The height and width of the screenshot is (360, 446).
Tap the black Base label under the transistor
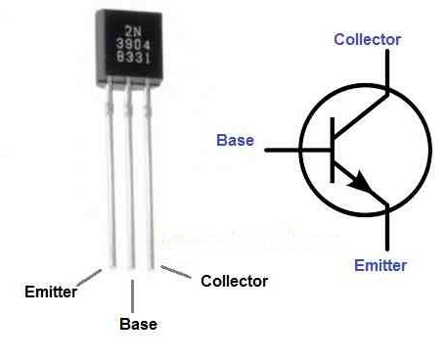(137, 324)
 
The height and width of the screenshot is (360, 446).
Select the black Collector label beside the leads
(234, 282)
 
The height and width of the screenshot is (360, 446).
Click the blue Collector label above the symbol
(367, 39)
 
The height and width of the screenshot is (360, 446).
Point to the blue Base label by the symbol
(235, 141)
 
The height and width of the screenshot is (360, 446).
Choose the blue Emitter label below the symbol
(380, 265)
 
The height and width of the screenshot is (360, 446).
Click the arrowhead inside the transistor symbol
(364, 186)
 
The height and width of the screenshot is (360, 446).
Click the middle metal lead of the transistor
(131, 176)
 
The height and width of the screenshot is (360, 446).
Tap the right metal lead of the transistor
(152, 176)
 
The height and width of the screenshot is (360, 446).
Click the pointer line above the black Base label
(132, 294)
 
